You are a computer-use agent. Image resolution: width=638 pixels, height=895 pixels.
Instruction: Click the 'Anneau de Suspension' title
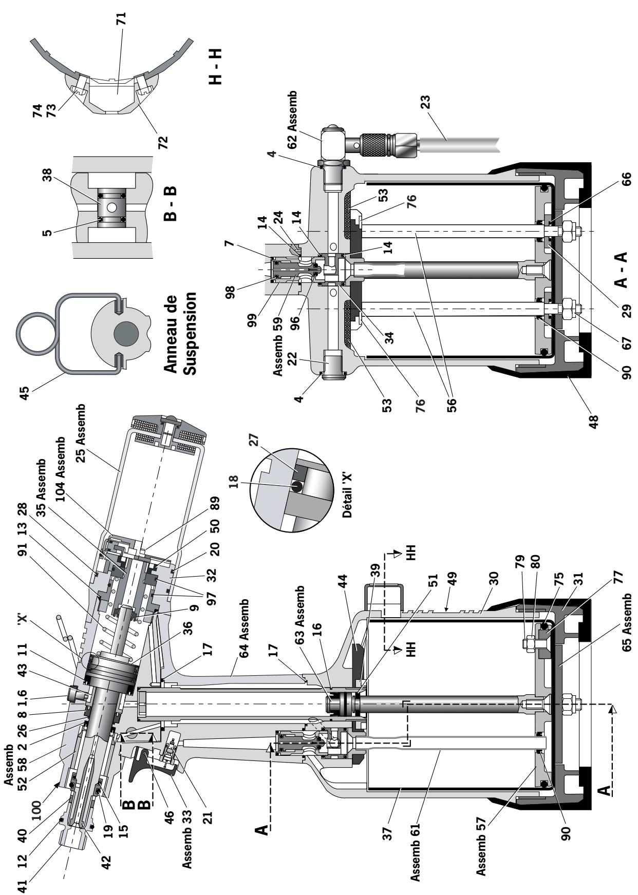[x=182, y=334]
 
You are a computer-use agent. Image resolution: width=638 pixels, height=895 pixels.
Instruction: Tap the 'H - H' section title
[x=216, y=66]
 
